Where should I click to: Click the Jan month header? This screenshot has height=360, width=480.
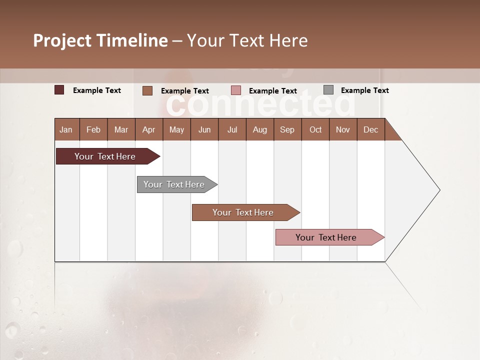tap(66, 130)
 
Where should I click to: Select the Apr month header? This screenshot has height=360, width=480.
tap(148, 130)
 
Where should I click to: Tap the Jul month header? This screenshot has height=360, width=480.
tap(232, 130)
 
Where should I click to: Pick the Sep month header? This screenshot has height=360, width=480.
tap(287, 130)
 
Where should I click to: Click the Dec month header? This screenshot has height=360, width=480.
tap(370, 130)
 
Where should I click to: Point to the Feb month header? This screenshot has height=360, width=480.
tap(93, 130)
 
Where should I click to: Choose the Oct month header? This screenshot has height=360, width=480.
tap(315, 130)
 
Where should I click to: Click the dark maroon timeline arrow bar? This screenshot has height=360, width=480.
tap(105, 156)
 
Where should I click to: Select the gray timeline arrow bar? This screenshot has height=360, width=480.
tap(174, 184)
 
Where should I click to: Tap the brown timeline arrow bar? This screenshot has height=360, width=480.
tap(243, 212)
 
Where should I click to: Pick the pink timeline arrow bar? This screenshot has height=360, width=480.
tap(326, 237)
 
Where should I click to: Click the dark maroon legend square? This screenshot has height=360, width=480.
tap(59, 90)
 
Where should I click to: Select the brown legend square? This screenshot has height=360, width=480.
tap(147, 90)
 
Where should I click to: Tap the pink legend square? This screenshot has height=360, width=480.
tap(236, 90)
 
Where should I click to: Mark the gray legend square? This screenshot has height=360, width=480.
tap(328, 90)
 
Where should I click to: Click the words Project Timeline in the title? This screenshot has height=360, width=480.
tap(100, 40)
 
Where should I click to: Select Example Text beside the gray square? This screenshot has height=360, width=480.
tap(364, 90)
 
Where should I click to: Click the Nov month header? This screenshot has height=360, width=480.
tap(343, 130)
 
